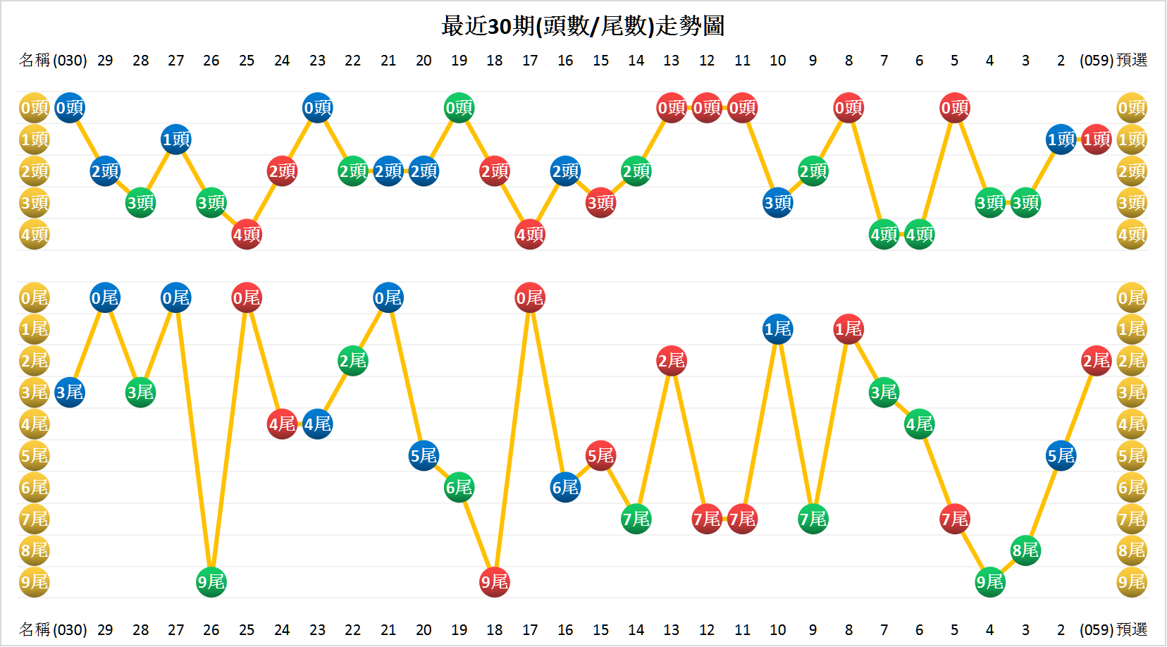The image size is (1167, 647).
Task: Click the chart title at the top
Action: (583, 26)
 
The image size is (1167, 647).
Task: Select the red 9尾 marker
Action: (494, 582)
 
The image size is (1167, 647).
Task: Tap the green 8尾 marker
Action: (1025, 550)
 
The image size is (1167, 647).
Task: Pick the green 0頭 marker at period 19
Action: (459, 108)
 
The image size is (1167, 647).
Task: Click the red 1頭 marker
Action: (1097, 140)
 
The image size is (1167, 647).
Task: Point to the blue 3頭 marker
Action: (778, 203)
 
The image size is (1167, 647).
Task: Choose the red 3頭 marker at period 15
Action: (600, 203)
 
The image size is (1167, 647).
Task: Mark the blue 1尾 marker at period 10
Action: (778, 329)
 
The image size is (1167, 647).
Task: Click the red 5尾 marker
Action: (600, 455)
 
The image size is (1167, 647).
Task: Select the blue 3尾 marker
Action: (70, 393)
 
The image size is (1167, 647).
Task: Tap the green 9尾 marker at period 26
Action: (211, 582)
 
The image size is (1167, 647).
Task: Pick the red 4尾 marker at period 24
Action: (282, 424)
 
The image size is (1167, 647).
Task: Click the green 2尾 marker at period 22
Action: (352, 361)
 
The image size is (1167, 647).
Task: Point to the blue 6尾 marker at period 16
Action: (565, 487)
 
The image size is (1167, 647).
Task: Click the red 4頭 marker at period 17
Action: (530, 235)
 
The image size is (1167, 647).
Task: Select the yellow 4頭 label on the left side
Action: (34, 235)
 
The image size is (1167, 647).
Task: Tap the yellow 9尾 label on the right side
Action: (1132, 582)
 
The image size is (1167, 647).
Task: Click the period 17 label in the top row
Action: (530, 61)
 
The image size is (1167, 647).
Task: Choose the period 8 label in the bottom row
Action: (848, 630)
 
